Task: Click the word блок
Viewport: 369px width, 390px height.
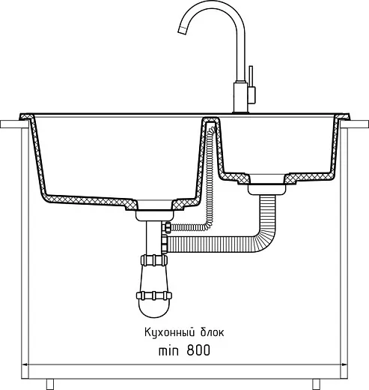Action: [x=212, y=333]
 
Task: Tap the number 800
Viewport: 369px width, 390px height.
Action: [x=198, y=350]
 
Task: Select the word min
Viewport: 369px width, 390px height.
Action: [x=168, y=350]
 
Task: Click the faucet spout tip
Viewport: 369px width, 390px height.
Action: [x=182, y=30]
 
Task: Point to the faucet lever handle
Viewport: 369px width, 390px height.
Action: [x=251, y=85]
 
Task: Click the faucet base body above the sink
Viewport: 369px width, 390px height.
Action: [x=241, y=97]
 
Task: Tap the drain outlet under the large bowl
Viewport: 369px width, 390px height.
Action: [x=155, y=216]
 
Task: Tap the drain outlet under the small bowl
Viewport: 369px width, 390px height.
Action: [x=267, y=189]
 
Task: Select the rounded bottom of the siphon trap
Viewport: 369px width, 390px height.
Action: [x=154, y=309]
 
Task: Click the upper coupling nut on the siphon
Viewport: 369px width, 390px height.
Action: [x=154, y=260]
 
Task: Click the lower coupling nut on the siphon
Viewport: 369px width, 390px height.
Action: [x=154, y=295]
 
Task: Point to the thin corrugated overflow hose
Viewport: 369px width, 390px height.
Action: [x=210, y=180]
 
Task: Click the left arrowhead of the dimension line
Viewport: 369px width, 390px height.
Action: [x=25, y=364]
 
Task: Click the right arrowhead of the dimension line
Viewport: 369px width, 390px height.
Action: [x=344, y=364]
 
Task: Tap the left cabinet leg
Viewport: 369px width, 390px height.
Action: [x=50, y=384]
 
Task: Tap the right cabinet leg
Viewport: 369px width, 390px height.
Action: [x=316, y=384]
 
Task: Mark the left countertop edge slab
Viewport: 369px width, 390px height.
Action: [x=14, y=124]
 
